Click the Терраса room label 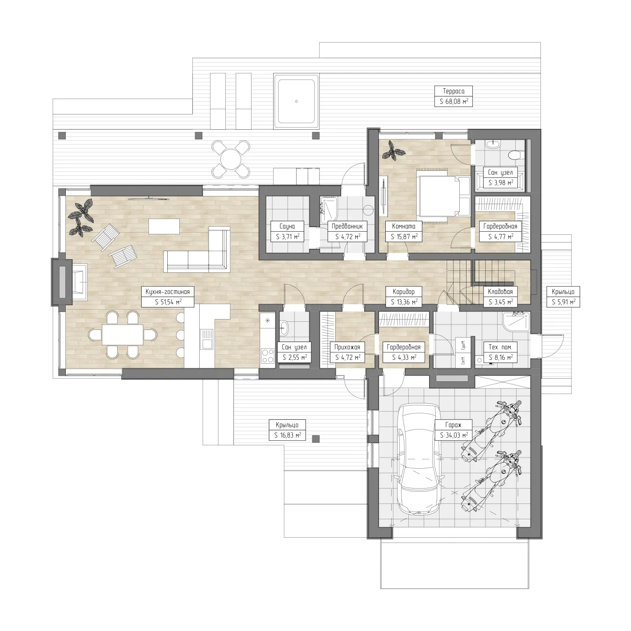(453, 91)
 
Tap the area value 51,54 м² (168, 302)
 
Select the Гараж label (453, 425)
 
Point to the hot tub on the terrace (296, 101)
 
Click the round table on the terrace (231, 160)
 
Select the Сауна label (287, 226)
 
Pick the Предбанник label (347, 226)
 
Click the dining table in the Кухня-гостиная (123, 334)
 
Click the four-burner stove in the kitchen (268, 356)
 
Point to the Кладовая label (500, 292)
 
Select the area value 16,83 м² (288, 435)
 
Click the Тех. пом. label (500, 347)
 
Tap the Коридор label (404, 292)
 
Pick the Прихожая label (347, 347)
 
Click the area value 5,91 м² (563, 302)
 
